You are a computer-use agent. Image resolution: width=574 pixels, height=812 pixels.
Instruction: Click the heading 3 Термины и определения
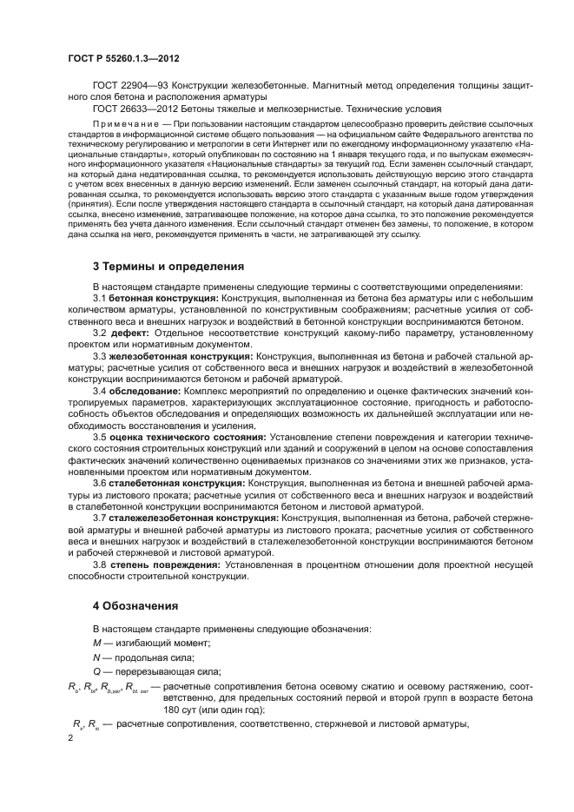click(x=168, y=266)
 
